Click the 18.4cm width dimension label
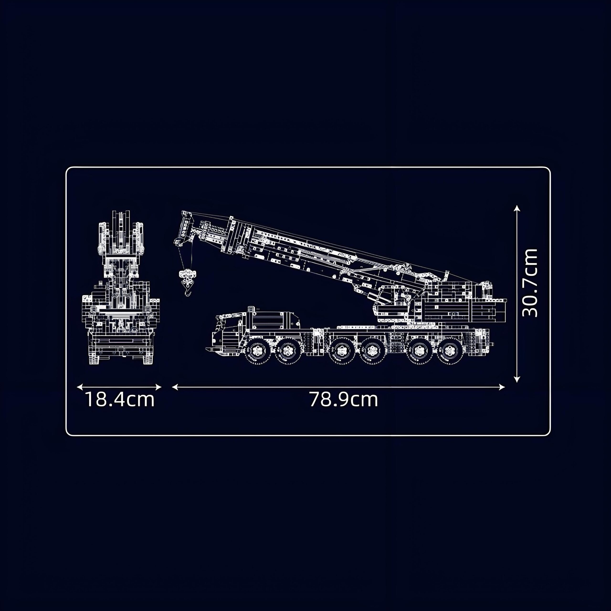(x=120, y=400)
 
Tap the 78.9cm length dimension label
(x=343, y=400)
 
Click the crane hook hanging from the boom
(x=187, y=282)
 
